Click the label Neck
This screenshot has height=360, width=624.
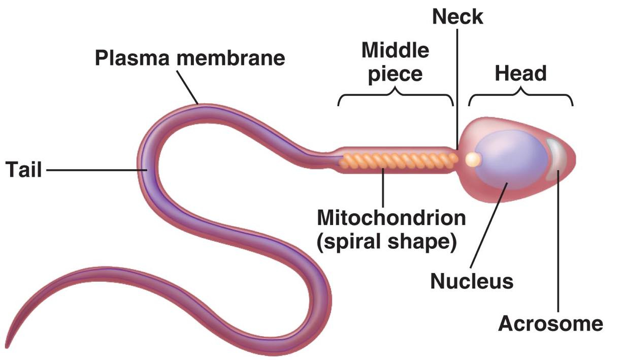point(457,16)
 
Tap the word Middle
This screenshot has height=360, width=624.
point(395,50)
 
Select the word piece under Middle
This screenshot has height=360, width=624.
point(395,74)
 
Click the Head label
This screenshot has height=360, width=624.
point(521,74)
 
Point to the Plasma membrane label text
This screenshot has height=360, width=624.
point(190,58)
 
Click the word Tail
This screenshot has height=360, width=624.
point(24,170)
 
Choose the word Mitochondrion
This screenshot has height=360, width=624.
point(391,218)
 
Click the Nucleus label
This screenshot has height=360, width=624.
point(472,280)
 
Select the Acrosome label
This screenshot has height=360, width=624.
point(551,323)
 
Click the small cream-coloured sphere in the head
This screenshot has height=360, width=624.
point(473,159)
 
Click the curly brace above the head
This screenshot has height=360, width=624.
point(521,96)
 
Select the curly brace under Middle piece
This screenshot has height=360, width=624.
point(395,96)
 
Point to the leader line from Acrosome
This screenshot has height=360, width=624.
point(558,244)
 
